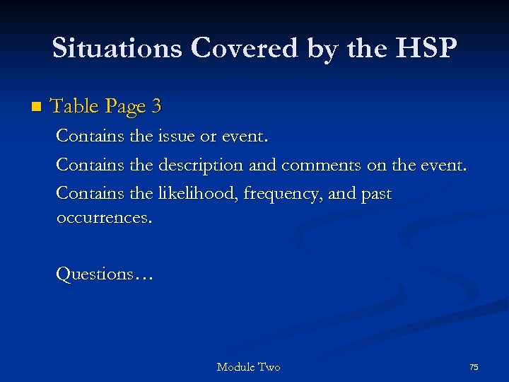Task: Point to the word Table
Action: pyautogui.click(x=74, y=107)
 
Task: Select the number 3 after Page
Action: pyautogui.click(x=156, y=107)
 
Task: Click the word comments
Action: pyautogui.click(x=322, y=165)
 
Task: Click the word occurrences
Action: pyautogui.click(x=103, y=218)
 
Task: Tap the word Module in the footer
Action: pyautogui.click(x=235, y=367)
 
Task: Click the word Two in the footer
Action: pyautogui.click(x=269, y=367)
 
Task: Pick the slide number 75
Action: pyautogui.click(x=474, y=367)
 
